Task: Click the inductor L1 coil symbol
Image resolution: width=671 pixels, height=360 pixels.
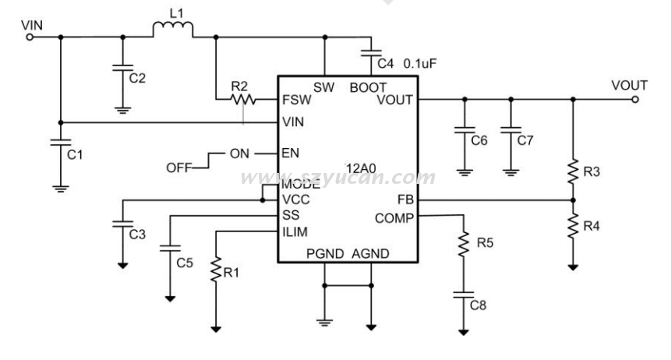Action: point(172,30)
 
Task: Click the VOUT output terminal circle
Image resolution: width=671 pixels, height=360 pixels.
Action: point(637,99)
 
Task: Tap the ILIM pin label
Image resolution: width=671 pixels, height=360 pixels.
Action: point(297,230)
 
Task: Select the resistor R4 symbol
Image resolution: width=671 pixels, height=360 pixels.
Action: point(573,228)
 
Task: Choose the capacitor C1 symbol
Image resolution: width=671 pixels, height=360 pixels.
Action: point(59,143)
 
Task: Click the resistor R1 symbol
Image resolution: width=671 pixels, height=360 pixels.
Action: point(216,270)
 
